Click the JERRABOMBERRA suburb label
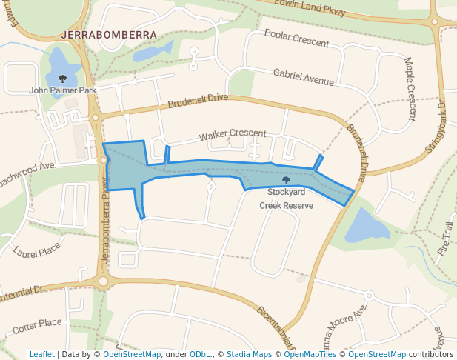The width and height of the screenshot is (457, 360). tap(109, 35)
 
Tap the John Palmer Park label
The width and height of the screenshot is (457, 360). tap(63, 90)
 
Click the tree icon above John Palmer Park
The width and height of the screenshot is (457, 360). tap(62, 78)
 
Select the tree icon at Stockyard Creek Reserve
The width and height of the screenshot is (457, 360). tap(286, 180)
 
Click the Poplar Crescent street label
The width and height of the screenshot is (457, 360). tap(296, 39)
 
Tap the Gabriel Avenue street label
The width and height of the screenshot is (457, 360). tap(303, 77)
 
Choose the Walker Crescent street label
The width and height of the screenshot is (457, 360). tap(232, 135)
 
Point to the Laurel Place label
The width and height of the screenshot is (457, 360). tap(36, 253)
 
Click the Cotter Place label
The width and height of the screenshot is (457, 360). tap(37, 324)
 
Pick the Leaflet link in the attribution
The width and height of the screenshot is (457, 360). tap(41, 354)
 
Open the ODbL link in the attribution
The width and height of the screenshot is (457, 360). tap(200, 354)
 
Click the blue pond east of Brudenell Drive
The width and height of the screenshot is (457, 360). tap(367, 225)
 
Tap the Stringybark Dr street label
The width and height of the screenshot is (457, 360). tap(433, 126)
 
